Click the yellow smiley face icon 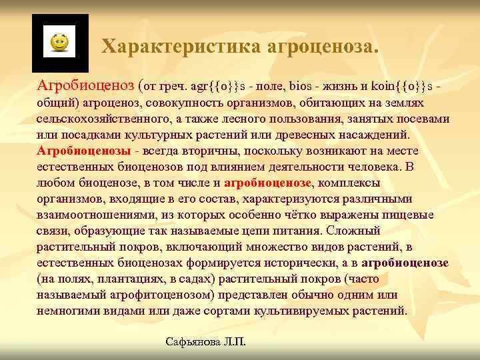click(59, 43)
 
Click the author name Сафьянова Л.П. click(205, 342)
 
